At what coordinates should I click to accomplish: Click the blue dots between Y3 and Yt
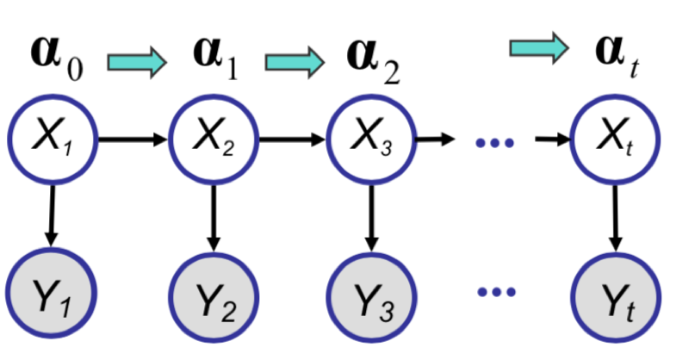click(494, 295)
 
